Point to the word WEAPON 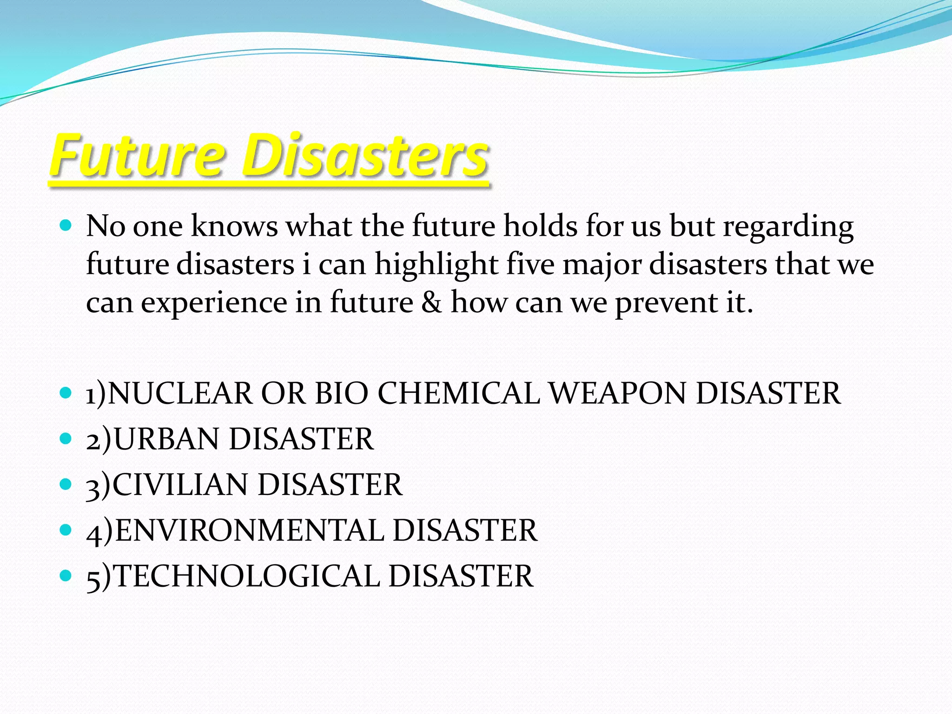(x=618, y=394)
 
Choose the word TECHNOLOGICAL (x=247, y=576)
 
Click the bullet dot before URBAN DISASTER (x=66, y=438)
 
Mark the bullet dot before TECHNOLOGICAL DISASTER (x=66, y=575)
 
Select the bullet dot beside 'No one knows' (x=66, y=226)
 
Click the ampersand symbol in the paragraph (x=432, y=303)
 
